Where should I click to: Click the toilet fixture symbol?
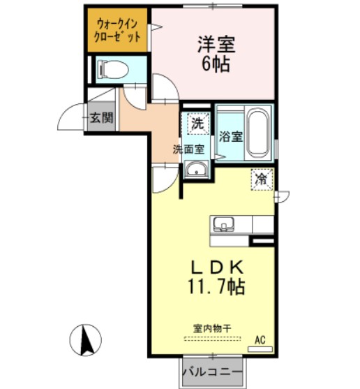coord(113,69)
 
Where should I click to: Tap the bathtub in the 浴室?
coord(258,133)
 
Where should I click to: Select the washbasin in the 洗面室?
coord(197,169)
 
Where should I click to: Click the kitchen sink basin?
coord(223,224)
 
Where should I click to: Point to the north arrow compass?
coord(86,340)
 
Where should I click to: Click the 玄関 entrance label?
coord(102,117)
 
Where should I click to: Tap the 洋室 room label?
coord(216,45)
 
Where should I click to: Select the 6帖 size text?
coord(216,64)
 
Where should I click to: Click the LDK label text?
coord(217,267)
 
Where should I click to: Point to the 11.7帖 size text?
coord(217,287)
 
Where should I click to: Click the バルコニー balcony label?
coord(212,372)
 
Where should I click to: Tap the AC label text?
coord(260,340)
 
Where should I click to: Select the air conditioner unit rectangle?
coord(260,348)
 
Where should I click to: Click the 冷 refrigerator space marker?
coord(262,179)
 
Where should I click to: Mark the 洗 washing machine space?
coord(198,124)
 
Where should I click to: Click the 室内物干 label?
coord(212,328)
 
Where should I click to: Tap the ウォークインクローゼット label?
coord(117,30)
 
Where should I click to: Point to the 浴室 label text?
coord(230,136)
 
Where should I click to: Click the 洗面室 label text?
coord(188,149)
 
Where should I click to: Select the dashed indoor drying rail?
coord(213,339)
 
